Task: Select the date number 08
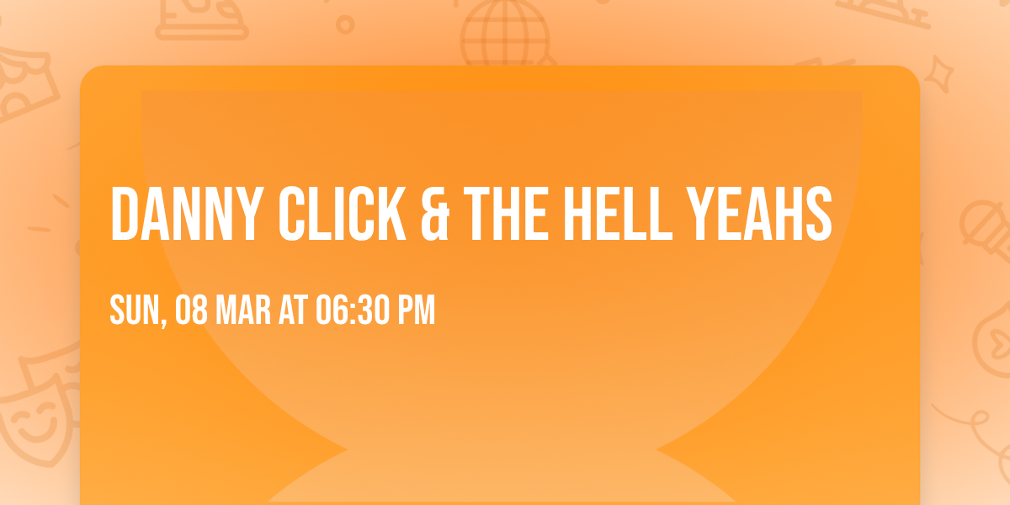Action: tap(191, 311)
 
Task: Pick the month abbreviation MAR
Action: tap(243, 311)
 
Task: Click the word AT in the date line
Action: tap(294, 311)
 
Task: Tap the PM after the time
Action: tap(417, 311)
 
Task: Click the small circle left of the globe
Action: tap(345, 25)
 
